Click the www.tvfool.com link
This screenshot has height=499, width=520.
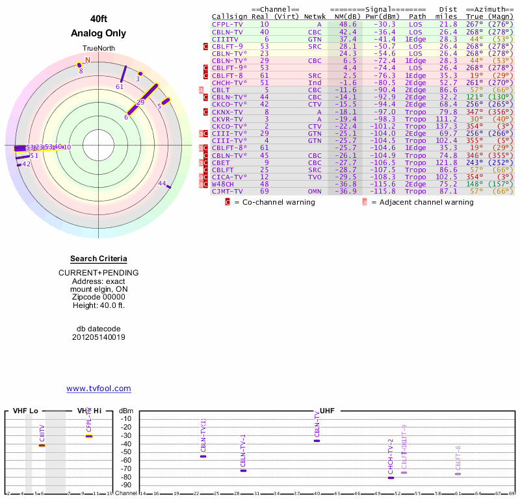99,389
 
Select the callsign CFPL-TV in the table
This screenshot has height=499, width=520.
227,24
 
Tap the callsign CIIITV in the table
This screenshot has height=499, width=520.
225,39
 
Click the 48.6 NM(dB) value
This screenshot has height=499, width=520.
348,24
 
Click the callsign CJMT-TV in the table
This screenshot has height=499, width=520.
227,191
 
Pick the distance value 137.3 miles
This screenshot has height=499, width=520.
447,126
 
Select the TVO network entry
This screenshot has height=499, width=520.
315,177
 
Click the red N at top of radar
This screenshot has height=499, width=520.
88,60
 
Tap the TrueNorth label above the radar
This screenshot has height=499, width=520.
98,49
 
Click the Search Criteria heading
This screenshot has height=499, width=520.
99,259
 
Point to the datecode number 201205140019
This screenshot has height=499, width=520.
99,337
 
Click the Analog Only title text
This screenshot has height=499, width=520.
99,34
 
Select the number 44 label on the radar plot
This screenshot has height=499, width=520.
162,183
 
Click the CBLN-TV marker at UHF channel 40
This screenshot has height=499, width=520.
317,441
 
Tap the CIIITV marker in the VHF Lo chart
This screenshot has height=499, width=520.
42,445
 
